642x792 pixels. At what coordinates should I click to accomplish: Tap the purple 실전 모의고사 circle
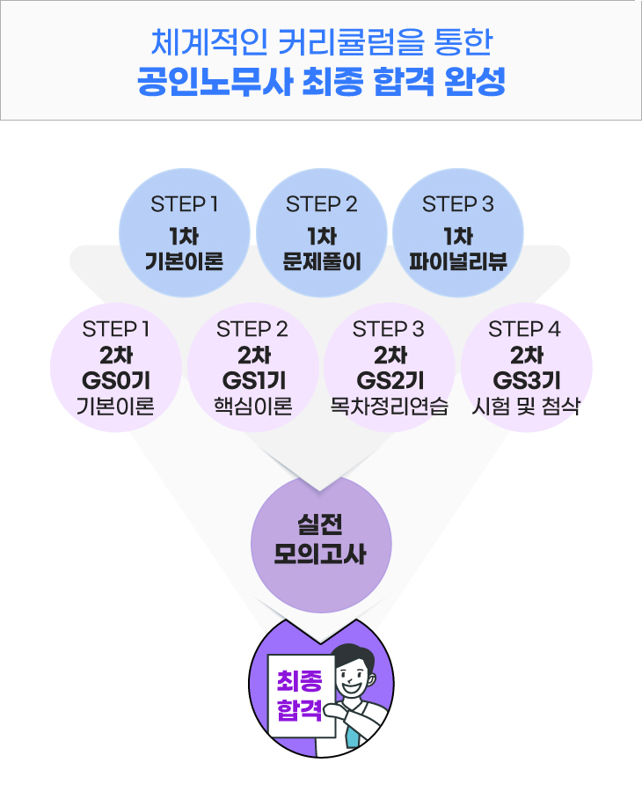(x=320, y=543)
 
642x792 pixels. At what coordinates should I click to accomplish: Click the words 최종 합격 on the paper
(x=299, y=695)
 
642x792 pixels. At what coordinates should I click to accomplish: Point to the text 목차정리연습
(x=389, y=407)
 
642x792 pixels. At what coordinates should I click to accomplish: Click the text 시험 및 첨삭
(x=525, y=407)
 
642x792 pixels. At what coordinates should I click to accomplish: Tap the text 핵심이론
(x=252, y=407)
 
